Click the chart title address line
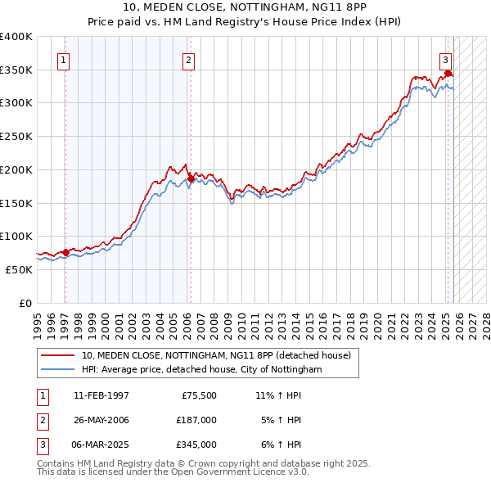click(245, 7)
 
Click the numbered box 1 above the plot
click(64, 59)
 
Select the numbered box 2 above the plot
click(188, 59)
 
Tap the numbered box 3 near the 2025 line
click(445, 59)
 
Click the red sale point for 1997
click(65, 252)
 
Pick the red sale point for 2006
click(191, 178)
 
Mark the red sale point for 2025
click(448, 73)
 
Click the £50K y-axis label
click(18, 269)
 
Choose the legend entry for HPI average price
click(202, 370)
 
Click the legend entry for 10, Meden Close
click(216, 355)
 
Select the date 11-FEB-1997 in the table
click(101, 395)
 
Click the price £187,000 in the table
click(196, 420)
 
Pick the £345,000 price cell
click(196, 445)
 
